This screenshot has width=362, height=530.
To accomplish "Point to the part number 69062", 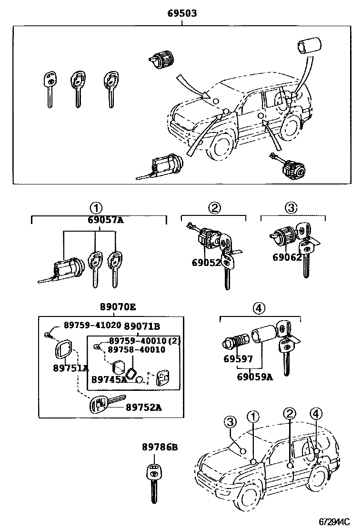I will click(x=287, y=257).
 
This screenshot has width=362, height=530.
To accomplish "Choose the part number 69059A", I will click(x=255, y=377).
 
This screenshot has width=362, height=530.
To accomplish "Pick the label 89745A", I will click(x=109, y=379).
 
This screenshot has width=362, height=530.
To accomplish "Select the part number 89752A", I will click(x=144, y=407).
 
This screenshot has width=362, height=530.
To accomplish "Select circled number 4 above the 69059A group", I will click(x=259, y=309).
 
